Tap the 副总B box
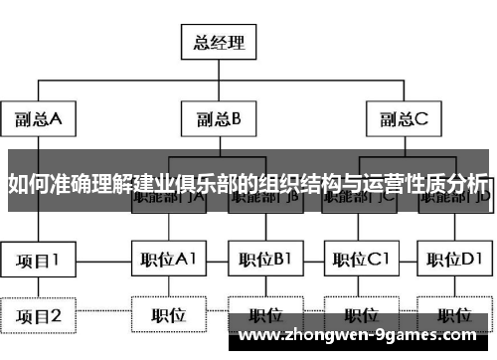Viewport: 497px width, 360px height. point(220,119)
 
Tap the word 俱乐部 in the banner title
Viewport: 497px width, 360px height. point(206,183)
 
